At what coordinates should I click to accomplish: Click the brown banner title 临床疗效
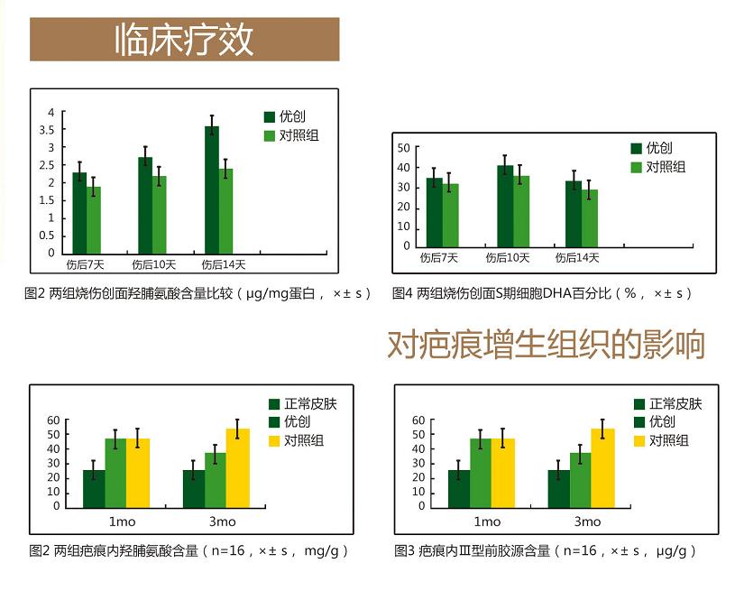point(184,40)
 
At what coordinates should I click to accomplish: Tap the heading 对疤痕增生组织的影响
point(546,345)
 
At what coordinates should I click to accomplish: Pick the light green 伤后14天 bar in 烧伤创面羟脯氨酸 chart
point(225,210)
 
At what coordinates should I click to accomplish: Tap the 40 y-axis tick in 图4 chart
point(404,168)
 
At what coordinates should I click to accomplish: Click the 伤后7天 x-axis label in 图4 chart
point(439,258)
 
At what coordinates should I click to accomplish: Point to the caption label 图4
point(402,293)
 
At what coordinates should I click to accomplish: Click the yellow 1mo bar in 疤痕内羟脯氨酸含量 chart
point(138,472)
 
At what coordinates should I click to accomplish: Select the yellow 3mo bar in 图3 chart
point(602,466)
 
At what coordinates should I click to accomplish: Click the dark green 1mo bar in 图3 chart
point(459,487)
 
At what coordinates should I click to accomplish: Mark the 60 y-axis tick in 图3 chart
point(418,420)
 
